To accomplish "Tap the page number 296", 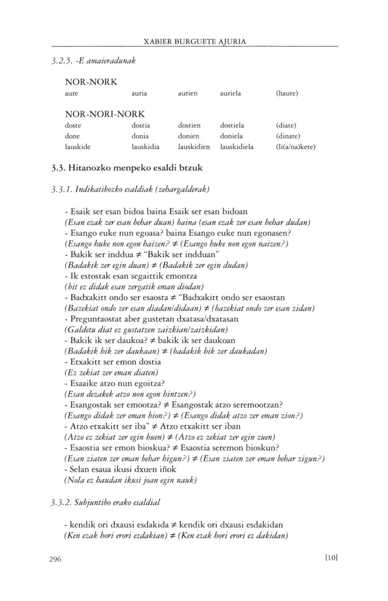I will (x=57, y=559).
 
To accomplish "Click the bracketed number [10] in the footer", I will (x=330, y=557).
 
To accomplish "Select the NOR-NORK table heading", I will (x=91, y=81).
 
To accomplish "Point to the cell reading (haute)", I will (x=287, y=94).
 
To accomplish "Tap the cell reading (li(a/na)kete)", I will (x=295, y=147).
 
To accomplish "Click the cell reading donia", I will (x=140, y=136).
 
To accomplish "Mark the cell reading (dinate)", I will (x=288, y=136).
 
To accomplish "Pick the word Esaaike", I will (x=81, y=383).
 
